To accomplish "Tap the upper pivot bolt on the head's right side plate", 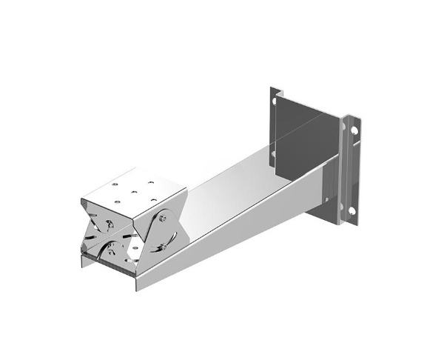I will coord(162,219).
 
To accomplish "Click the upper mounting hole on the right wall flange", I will coord(354,130).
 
